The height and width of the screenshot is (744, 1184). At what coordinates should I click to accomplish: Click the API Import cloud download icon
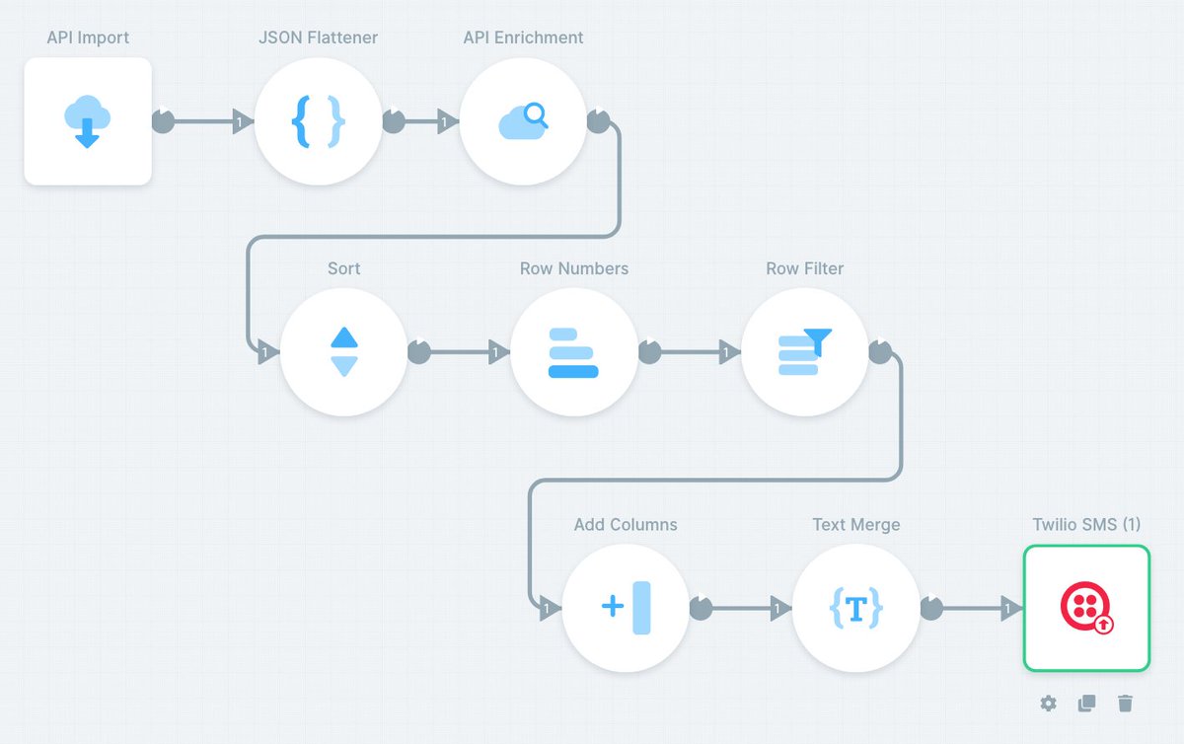pyautogui.click(x=87, y=121)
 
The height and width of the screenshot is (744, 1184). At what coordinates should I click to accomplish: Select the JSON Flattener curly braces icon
pyautogui.click(x=318, y=121)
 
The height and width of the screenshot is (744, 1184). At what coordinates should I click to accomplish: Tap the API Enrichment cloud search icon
pyautogui.click(x=523, y=121)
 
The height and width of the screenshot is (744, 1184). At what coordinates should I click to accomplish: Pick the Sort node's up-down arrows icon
pyautogui.click(x=344, y=351)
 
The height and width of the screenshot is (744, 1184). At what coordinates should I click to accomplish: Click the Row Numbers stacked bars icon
pyautogui.click(x=573, y=352)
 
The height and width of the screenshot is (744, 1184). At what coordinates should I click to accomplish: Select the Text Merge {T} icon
pyautogui.click(x=856, y=608)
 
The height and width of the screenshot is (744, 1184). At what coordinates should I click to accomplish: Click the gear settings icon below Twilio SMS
pyautogui.click(x=1048, y=704)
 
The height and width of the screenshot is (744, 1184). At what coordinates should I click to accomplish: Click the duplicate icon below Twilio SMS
pyautogui.click(x=1086, y=704)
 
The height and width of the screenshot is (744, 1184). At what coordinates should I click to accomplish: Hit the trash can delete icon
pyautogui.click(x=1126, y=704)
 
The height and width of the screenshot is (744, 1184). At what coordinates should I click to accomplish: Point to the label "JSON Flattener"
pyautogui.click(x=318, y=37)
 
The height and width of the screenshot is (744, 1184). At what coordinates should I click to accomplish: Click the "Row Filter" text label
pyautogui.click(x=804, y=268)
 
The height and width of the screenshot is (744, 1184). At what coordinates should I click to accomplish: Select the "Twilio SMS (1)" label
pyautogui.click(x=1086, y=525)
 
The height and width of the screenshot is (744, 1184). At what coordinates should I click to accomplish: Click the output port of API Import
pyautogui.click(x=164, y=121)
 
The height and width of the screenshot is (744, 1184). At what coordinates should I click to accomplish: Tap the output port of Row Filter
pyautogui.click(x=880, y=351)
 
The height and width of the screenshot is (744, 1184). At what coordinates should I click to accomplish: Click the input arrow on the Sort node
pyautogui.click(x=268, y=352)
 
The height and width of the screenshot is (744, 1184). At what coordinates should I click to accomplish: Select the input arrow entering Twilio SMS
pyautogui.click(x=1011, y=608)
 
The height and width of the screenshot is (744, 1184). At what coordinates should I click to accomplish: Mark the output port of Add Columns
pyautogui.click(x=702, y=608)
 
